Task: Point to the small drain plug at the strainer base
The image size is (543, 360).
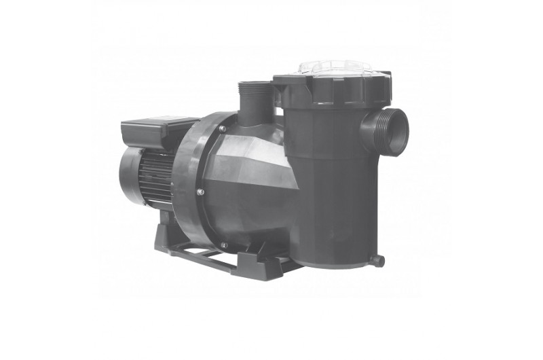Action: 378,260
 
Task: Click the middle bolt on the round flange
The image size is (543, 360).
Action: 200,192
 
